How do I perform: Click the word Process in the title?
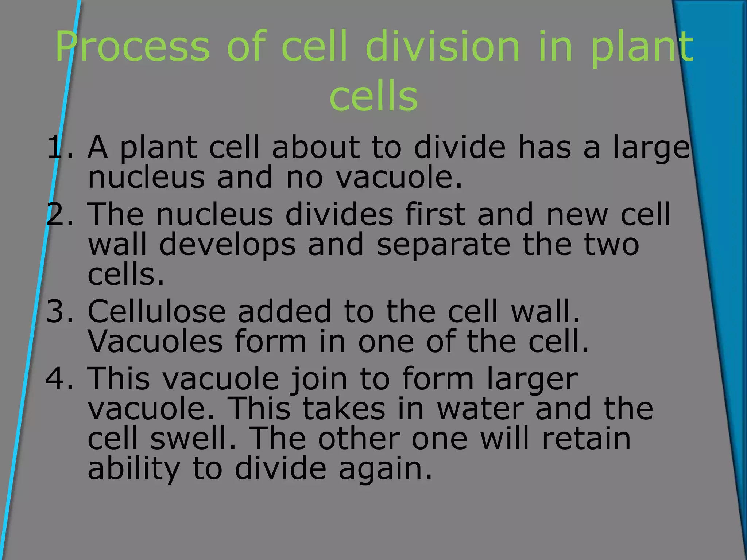[x=133, y=47]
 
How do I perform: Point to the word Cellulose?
[x=157, y=311]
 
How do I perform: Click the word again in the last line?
[x=385, y=470]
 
